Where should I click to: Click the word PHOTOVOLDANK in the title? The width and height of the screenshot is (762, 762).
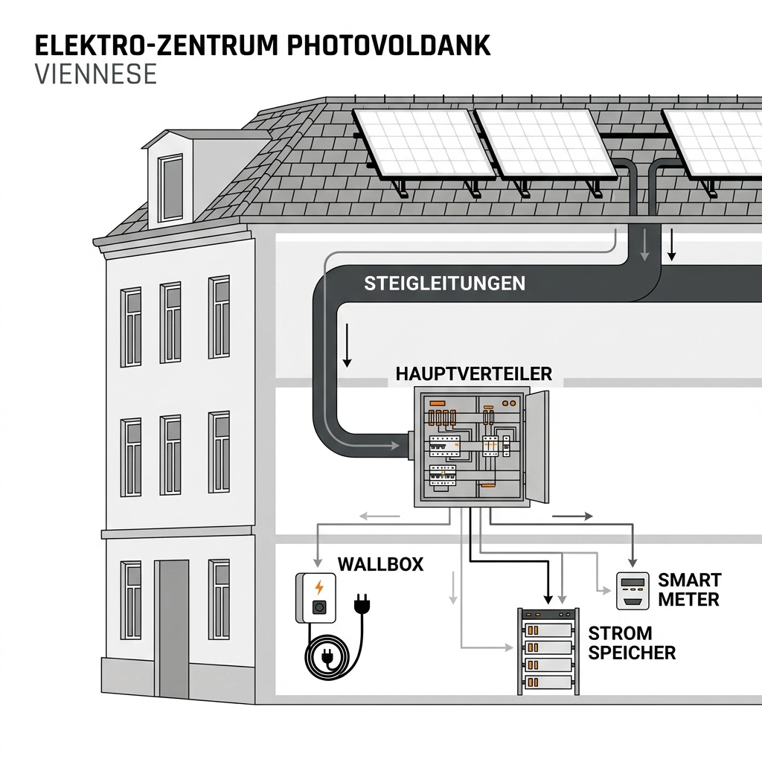click(x=388, y=45)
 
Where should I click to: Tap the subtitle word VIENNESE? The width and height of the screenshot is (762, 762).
click(x=96, y=74)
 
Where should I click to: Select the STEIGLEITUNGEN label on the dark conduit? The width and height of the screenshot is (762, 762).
click(x=445, y=284)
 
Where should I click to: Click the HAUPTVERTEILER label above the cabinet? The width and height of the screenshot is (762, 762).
click(x=475, y=374)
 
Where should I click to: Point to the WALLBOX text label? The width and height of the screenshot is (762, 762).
click(x=380, y=564)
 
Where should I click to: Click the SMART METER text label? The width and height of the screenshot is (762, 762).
click(x=690, y=589)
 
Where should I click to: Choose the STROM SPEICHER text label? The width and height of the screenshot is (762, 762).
click(x=632, y=643)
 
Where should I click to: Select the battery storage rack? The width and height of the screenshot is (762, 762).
click(x=549, y=650)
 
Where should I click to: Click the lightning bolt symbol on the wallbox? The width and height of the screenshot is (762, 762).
click(x=319, y=586)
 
